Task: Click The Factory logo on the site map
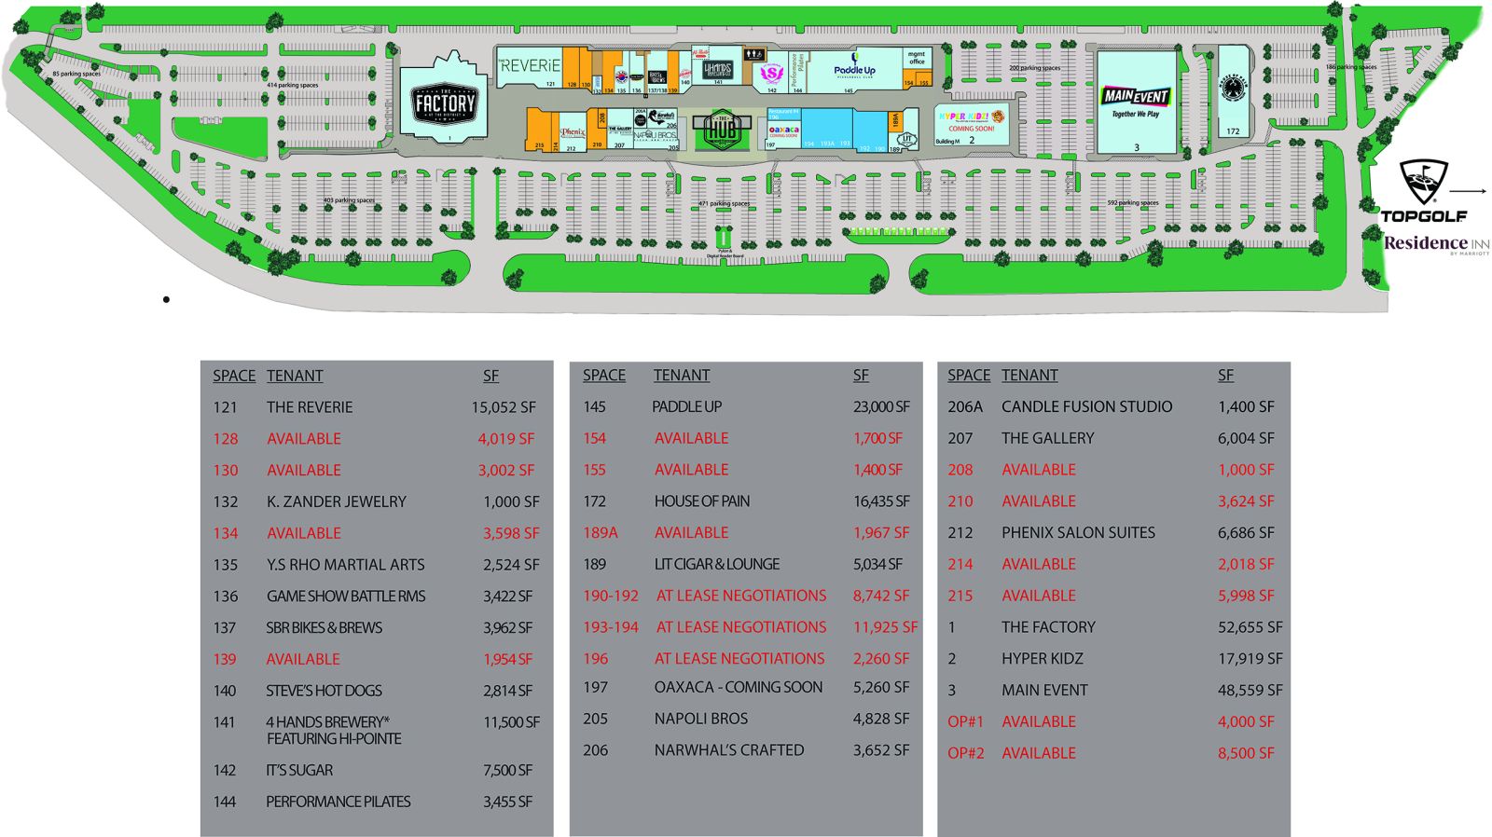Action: (444, 103)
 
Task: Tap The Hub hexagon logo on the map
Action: (722, 129)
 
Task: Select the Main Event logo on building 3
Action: (1135, 96)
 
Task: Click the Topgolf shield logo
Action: (1424, 182)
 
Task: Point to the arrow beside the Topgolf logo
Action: (1469, 191)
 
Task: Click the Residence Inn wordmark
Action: (1436, 244)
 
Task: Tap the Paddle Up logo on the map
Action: (854, 69)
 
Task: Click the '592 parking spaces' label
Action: (1132, 203)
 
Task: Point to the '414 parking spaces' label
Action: (292, 86)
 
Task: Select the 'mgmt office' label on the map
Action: (917, 58)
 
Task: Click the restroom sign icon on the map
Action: (754, 55)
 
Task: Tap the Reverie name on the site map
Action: (529, 65)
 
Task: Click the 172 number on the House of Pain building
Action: (1233, 131)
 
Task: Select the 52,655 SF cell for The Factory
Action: (1250, 627)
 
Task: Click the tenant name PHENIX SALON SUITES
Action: (1078, 533)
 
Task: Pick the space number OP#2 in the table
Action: (965, 753)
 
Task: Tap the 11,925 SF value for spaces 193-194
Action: (885, 627)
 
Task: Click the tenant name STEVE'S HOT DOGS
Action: (324, 691)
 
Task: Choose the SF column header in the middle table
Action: (861, 376)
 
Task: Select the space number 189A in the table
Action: (601, 533)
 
